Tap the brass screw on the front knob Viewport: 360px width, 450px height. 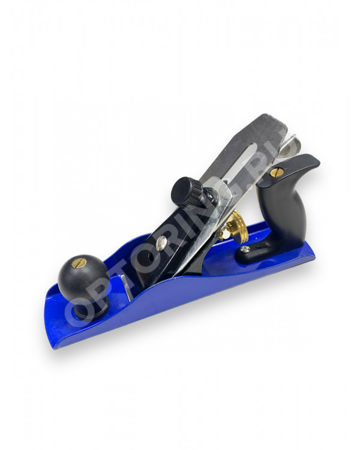pos(80,263)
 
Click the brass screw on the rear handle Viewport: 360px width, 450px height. pos(277,172)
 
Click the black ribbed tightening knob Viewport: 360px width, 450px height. pos(187,190)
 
